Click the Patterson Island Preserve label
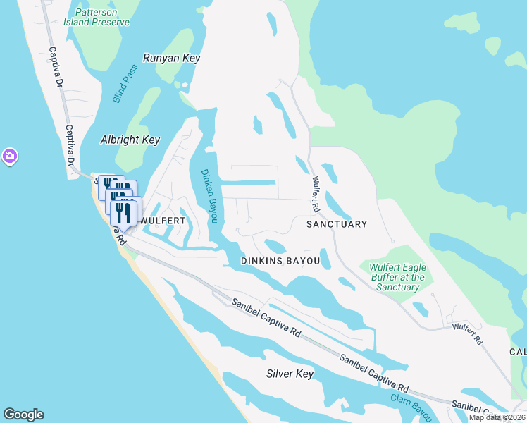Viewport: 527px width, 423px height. pos(101,17)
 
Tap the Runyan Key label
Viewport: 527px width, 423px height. pos(171,59)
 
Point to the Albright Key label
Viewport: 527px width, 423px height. pos(130,140)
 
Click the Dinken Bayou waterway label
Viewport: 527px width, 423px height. pos(209,195)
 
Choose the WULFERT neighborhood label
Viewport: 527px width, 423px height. pos(163,221)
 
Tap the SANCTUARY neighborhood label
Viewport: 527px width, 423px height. pos(337,224)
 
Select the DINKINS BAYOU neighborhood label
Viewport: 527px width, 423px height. pos(280,261)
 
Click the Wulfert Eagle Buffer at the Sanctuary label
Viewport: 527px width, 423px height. pos(397,277)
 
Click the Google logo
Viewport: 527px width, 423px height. pos(23,415)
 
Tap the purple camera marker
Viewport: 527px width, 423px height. pos(9,156)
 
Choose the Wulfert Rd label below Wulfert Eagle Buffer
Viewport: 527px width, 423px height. pos(467,333)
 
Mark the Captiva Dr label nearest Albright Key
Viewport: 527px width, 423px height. pos(70,146)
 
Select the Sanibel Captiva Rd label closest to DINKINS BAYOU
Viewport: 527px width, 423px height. pos(268,319)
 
